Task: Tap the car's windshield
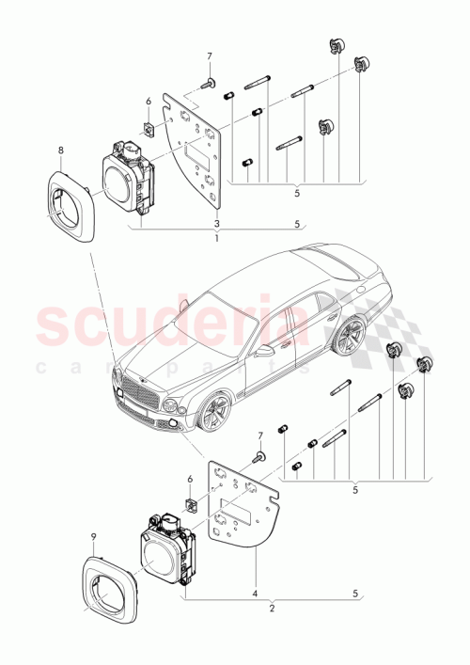(x=208, y=320)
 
